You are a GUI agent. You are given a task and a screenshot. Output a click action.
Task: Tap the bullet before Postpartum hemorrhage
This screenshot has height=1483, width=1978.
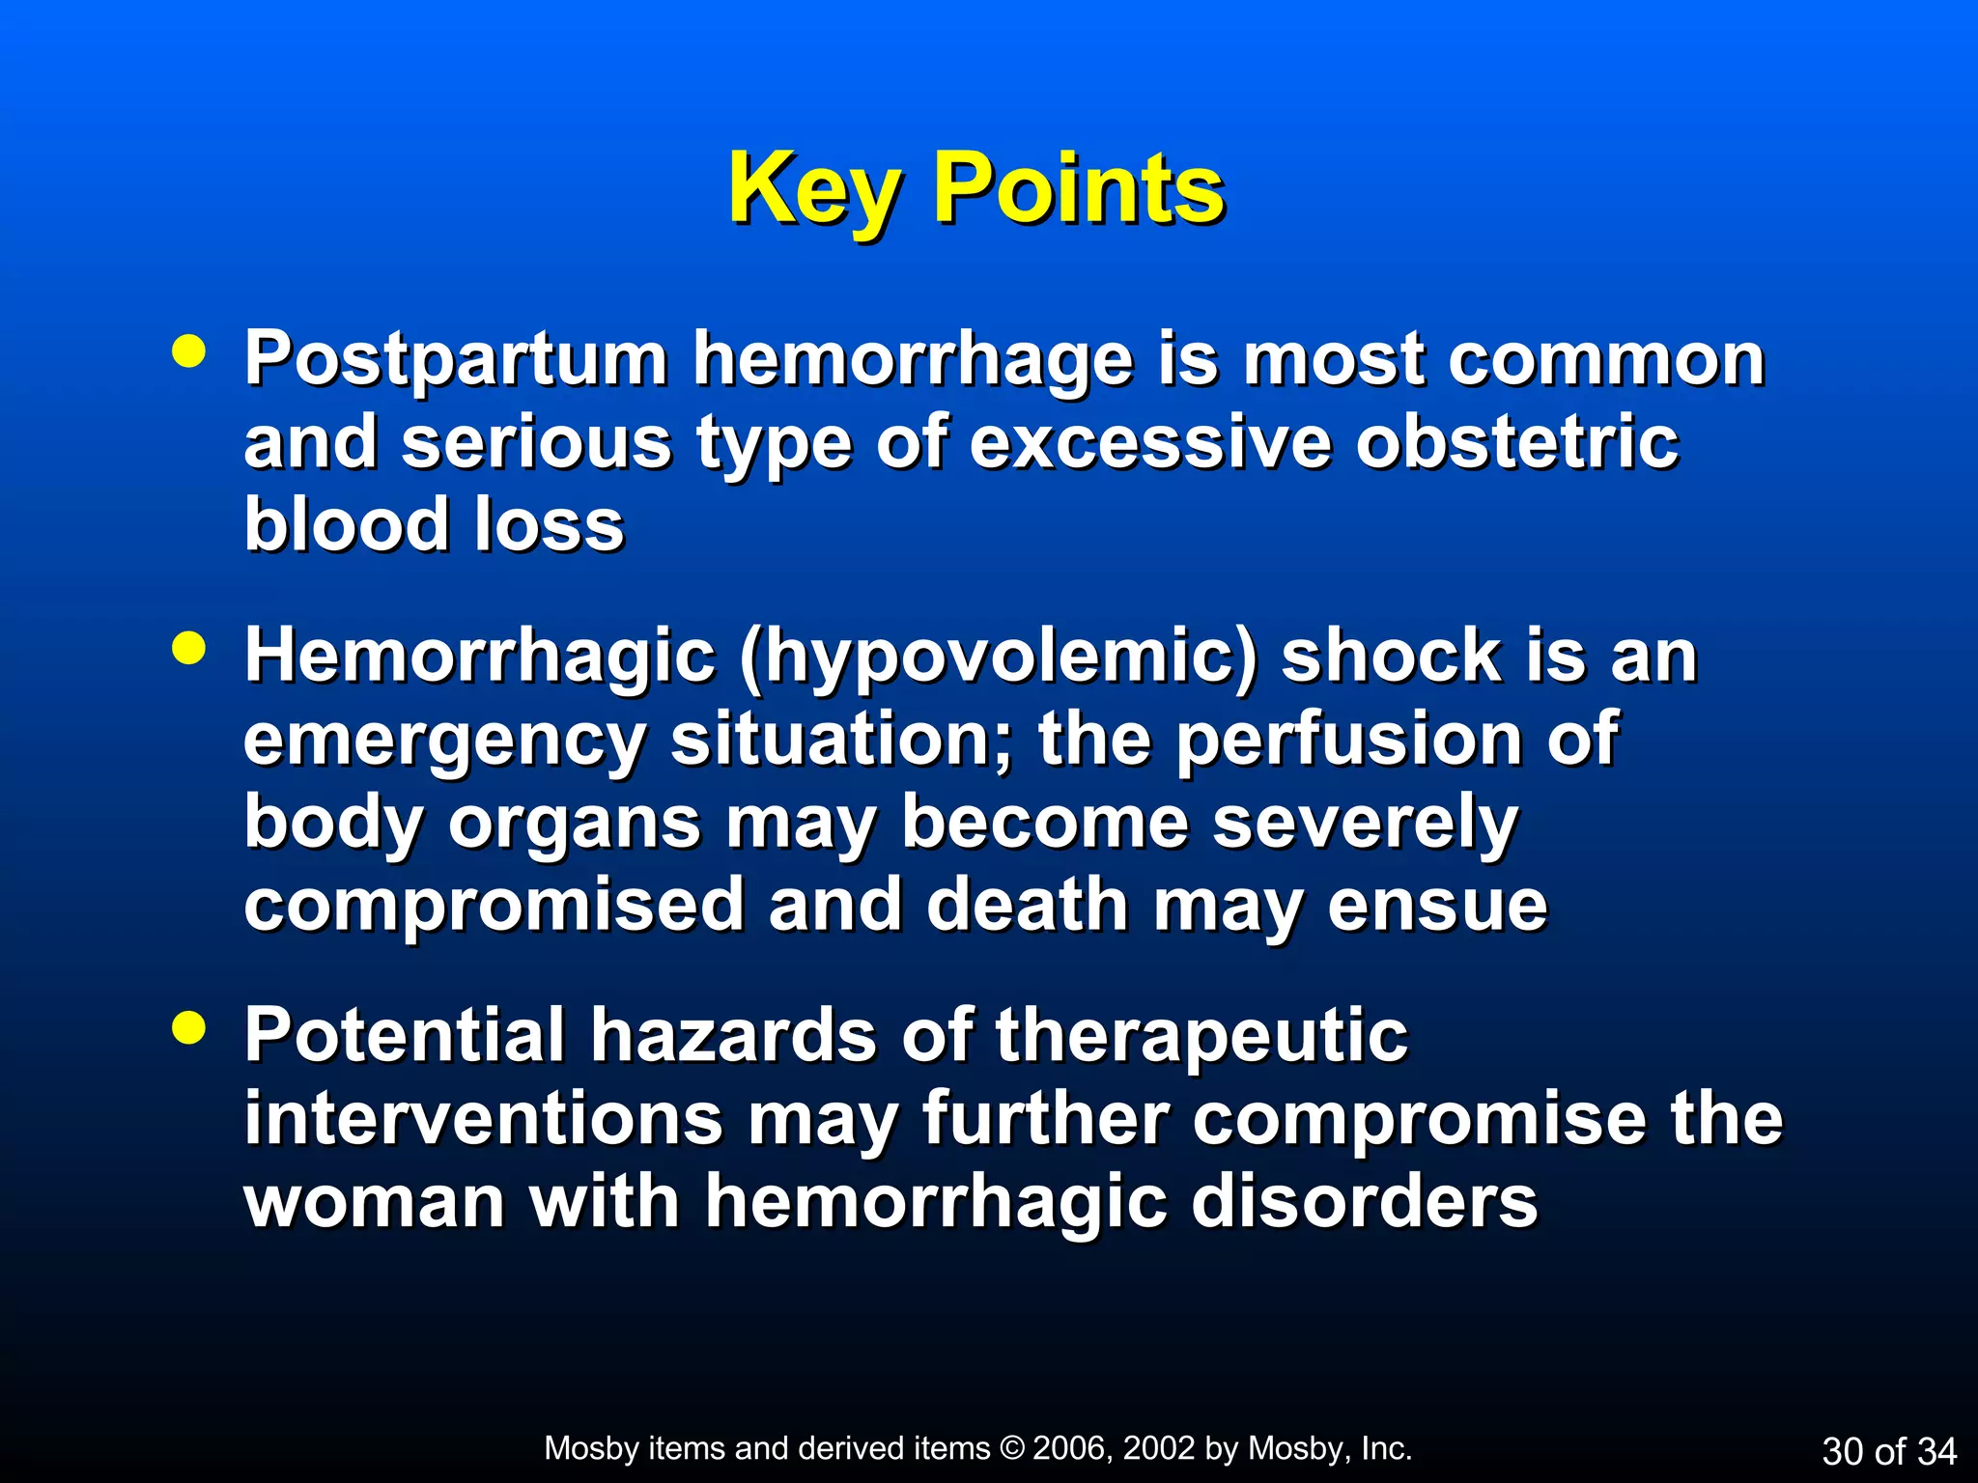[188, 351]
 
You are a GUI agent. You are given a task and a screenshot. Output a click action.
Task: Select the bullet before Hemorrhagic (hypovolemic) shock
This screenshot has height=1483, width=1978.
[188, 649]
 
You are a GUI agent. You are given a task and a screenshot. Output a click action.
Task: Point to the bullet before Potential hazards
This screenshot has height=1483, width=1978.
[188, 1028]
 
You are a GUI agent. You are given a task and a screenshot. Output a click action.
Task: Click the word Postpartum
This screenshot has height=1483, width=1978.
[455, 360]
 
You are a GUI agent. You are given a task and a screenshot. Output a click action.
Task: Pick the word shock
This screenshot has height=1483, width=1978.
[1391, 656]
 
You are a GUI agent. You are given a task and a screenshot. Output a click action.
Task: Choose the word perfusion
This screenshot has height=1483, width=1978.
[1348, 741]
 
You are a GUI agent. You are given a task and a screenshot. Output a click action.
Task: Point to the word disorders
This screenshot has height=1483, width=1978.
[1363, 1202]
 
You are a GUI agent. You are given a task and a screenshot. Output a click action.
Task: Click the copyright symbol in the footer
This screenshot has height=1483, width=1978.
[1011, 1448]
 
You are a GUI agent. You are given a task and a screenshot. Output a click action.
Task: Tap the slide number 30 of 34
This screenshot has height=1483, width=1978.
[1888, 1451]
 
